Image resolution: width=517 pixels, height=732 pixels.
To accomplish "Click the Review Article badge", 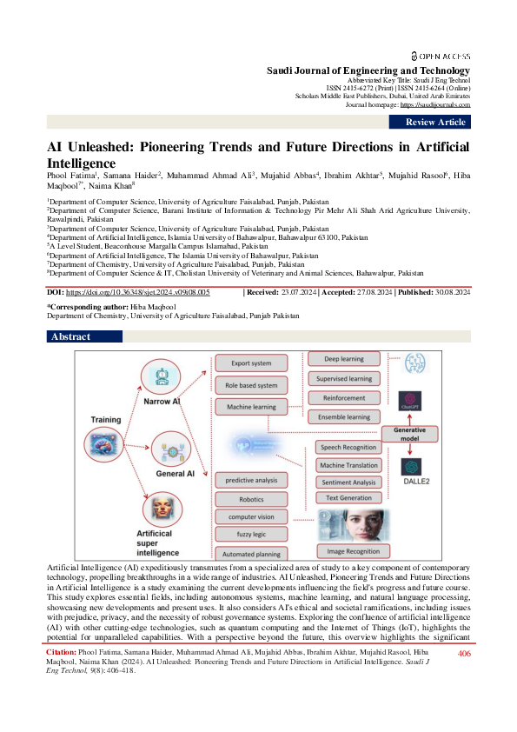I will (x=435, y=123).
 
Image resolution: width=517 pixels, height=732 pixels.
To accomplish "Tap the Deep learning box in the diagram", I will (x=343, y=358).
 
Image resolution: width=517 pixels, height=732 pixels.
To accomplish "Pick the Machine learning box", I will (x=250, y=407).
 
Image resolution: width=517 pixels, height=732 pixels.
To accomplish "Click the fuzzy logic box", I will (x=250, y=534).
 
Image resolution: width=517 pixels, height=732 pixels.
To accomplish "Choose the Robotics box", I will (x=250, y=500).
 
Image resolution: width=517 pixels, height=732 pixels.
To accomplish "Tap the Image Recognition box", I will (x=353, y=551).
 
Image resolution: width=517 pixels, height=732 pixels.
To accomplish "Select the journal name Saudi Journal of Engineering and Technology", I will (x=368, y=70).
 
